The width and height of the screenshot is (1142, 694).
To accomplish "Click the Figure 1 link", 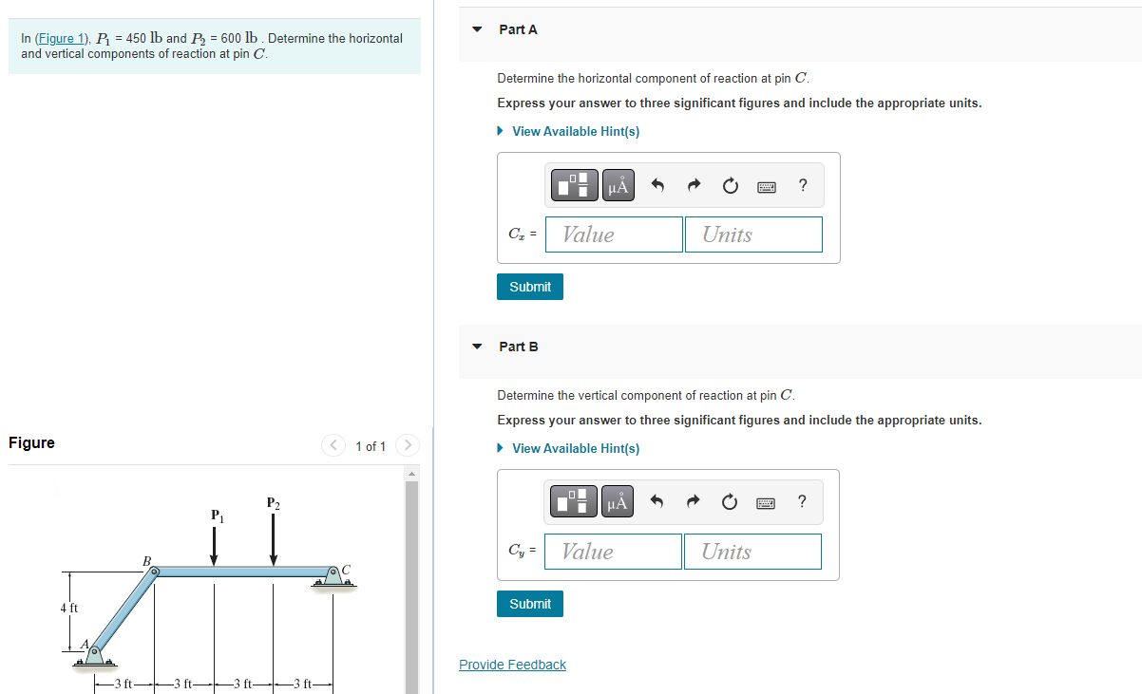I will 61,39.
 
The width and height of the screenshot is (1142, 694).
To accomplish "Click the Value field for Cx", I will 614,234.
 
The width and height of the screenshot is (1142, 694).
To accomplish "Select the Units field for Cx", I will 752,234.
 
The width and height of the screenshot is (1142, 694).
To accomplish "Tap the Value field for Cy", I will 613,552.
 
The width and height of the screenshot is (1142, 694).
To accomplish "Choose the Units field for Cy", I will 752,552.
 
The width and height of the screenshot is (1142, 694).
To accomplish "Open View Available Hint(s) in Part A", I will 575,131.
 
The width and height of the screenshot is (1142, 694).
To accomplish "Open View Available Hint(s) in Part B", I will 575,448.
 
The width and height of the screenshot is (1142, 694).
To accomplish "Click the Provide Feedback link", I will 512,665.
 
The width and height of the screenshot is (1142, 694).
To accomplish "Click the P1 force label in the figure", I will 218,516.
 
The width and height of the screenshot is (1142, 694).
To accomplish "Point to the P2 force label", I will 274,502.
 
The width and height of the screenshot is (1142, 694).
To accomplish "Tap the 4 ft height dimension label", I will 69,608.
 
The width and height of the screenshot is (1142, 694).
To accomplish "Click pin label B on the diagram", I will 146,561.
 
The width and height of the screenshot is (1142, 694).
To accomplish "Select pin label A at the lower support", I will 85,645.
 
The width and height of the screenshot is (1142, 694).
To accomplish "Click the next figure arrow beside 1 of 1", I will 407,445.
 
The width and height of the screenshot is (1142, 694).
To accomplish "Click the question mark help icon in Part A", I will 803,185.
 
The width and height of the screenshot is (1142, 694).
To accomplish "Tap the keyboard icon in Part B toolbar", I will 767,503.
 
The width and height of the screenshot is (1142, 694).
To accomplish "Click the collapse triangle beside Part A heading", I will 478,29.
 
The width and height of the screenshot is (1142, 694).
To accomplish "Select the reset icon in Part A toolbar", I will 730,186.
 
